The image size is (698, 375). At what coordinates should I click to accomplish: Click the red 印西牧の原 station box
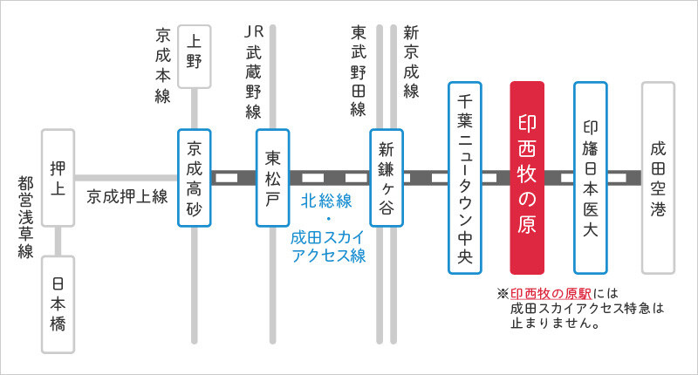pyautogui.click(x=527, y=177)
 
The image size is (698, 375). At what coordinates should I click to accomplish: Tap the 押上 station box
pyautogui.click(x=58, y=177)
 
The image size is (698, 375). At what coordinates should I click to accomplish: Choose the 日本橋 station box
pyautogui.click(x=58, y=303)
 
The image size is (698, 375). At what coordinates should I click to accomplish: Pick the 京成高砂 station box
pyautogui.click(x=195, y=177)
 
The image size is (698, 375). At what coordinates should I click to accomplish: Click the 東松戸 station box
pyautogui.click(x=273, y=177)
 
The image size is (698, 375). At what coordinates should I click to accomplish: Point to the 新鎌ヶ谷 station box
pyautogui.click(x=387, y=177)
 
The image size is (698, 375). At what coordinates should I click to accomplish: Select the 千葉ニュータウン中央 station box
pyautogui.click(x=465, y=177)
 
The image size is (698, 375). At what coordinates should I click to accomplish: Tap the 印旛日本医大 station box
pyautogui.click(x=591, y=177)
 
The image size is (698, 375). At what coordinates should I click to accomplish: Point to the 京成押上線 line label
pyautogui.click(x=127, y=197)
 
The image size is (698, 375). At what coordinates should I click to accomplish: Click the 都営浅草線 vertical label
pyautogui.click(x=24, y=217)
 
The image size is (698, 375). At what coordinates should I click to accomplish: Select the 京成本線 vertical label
pyautogui.click(x=162, y=65)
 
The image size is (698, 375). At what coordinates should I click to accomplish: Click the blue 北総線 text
pyautogui.click(x=327, y=201)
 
